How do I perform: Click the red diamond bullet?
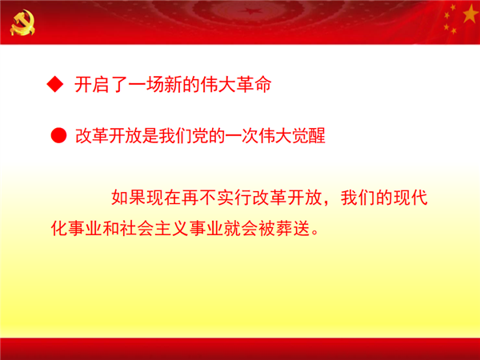click(x=55, y=83)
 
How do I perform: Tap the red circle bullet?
click(x=58, y=135)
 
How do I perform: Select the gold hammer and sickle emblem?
click(x=22, y=22)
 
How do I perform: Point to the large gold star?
click(x=470, y=14)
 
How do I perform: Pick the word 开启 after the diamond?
click(x=92, y=84)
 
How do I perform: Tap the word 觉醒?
click(x=309, y=136)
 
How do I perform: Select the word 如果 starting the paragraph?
click(x=129, y=197)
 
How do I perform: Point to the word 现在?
click(x=164, y=197)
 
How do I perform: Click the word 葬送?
click(x=293, y=228)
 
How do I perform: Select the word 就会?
click(x=241, y=228)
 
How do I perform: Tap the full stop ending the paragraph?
click(x=314, y=232)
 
